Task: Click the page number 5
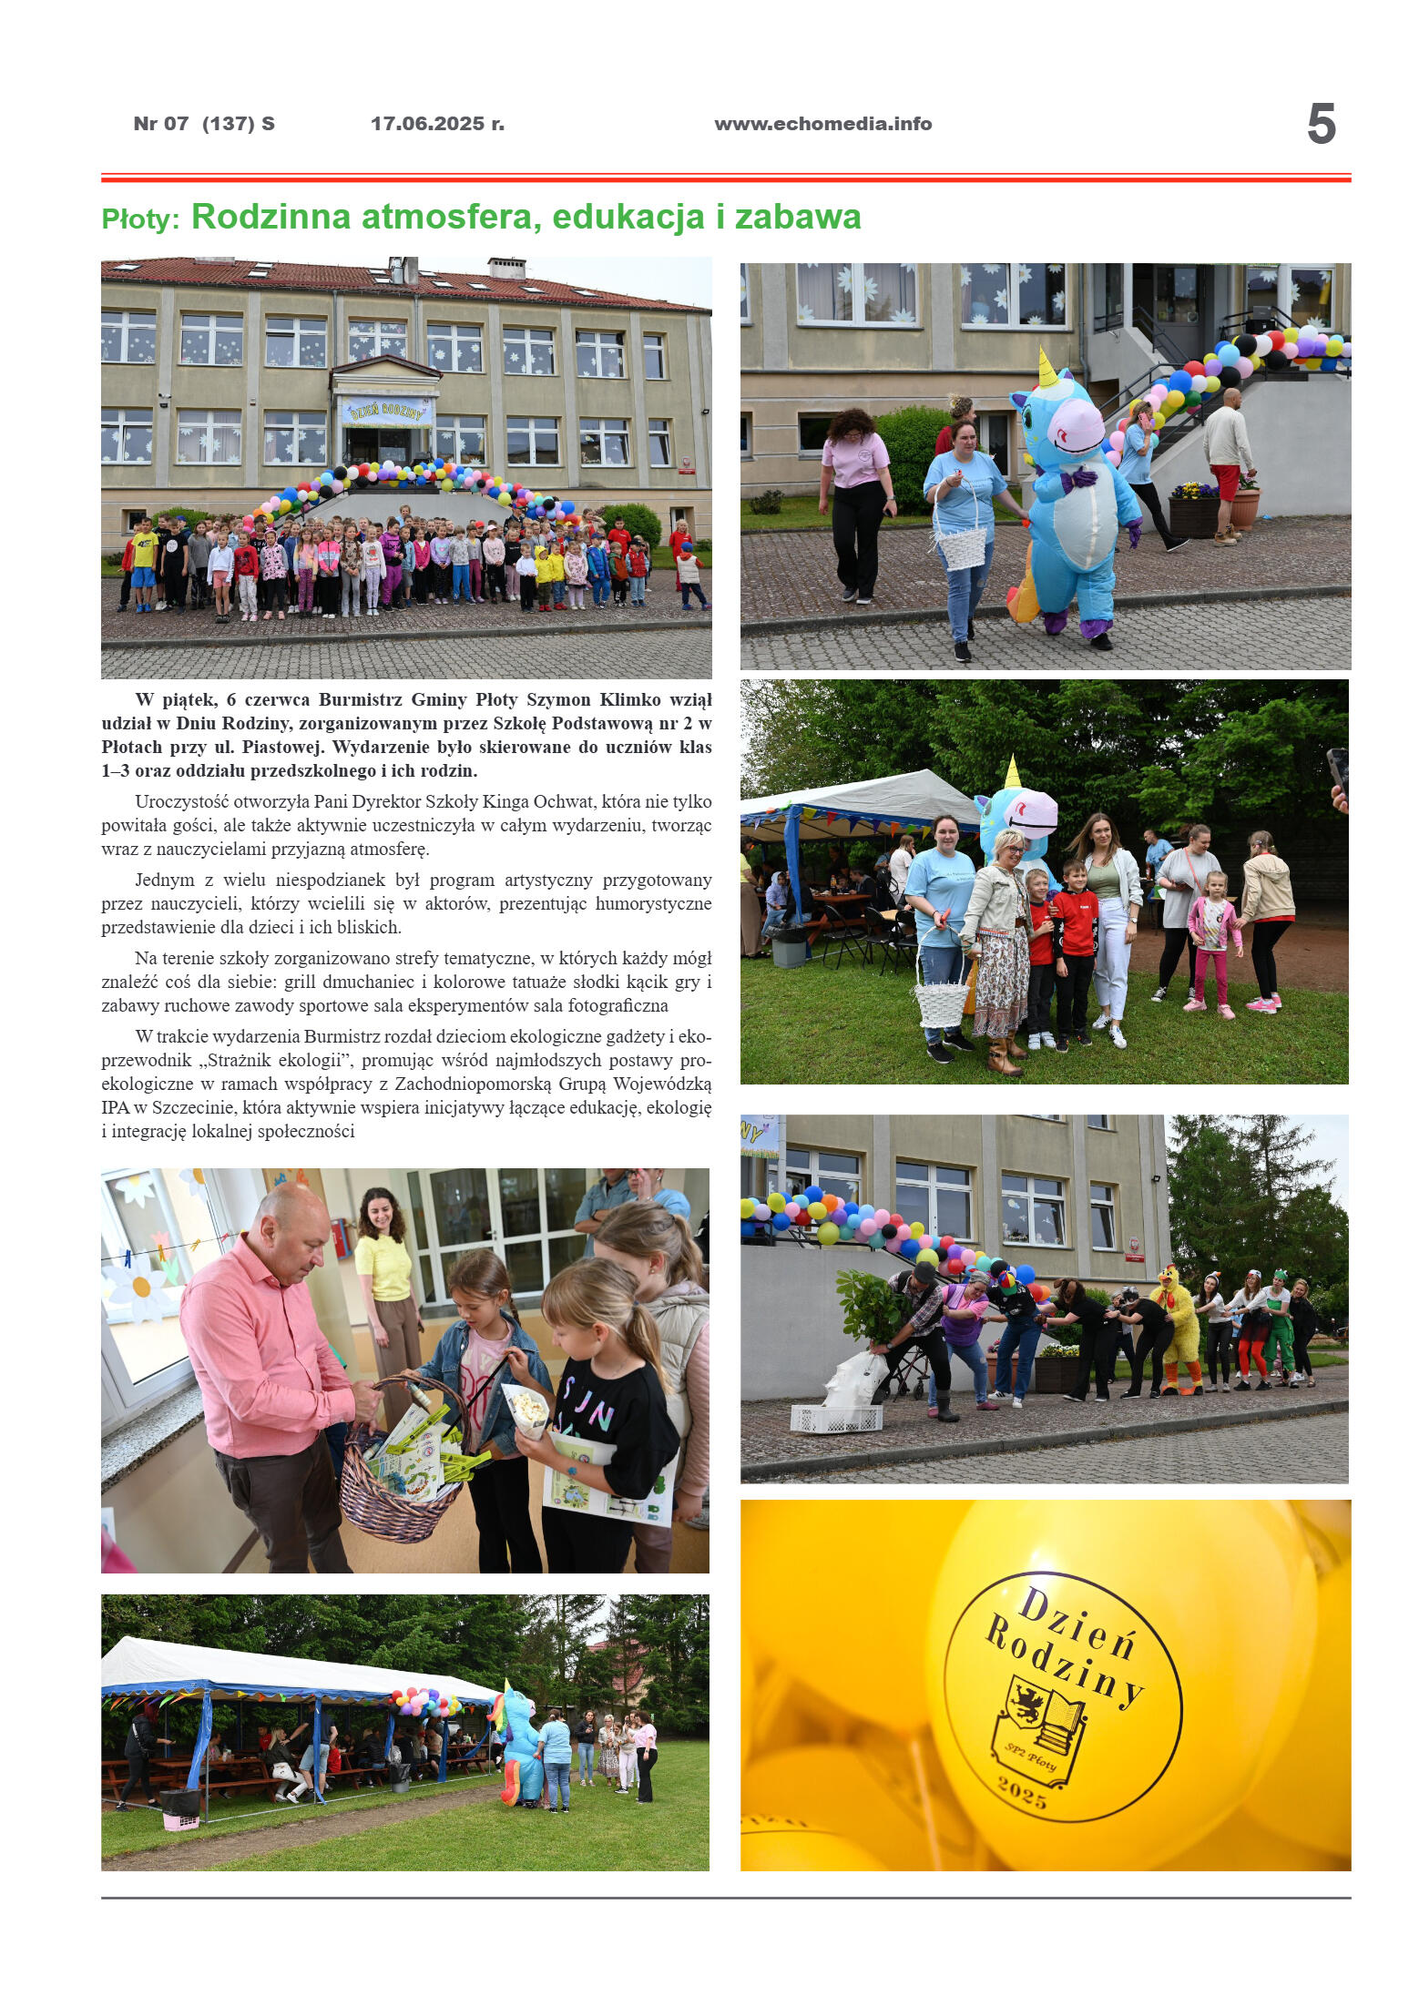(x=1321, y=124)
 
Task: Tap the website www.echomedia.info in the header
(x=822, y=124)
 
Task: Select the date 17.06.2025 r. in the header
(x=437, y=124)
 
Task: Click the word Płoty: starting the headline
(x=141, y=219)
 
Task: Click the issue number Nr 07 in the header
(x=161, y=124)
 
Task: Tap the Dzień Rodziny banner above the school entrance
(x=386, y=412)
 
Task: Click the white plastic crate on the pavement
(x=836, y=1418)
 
